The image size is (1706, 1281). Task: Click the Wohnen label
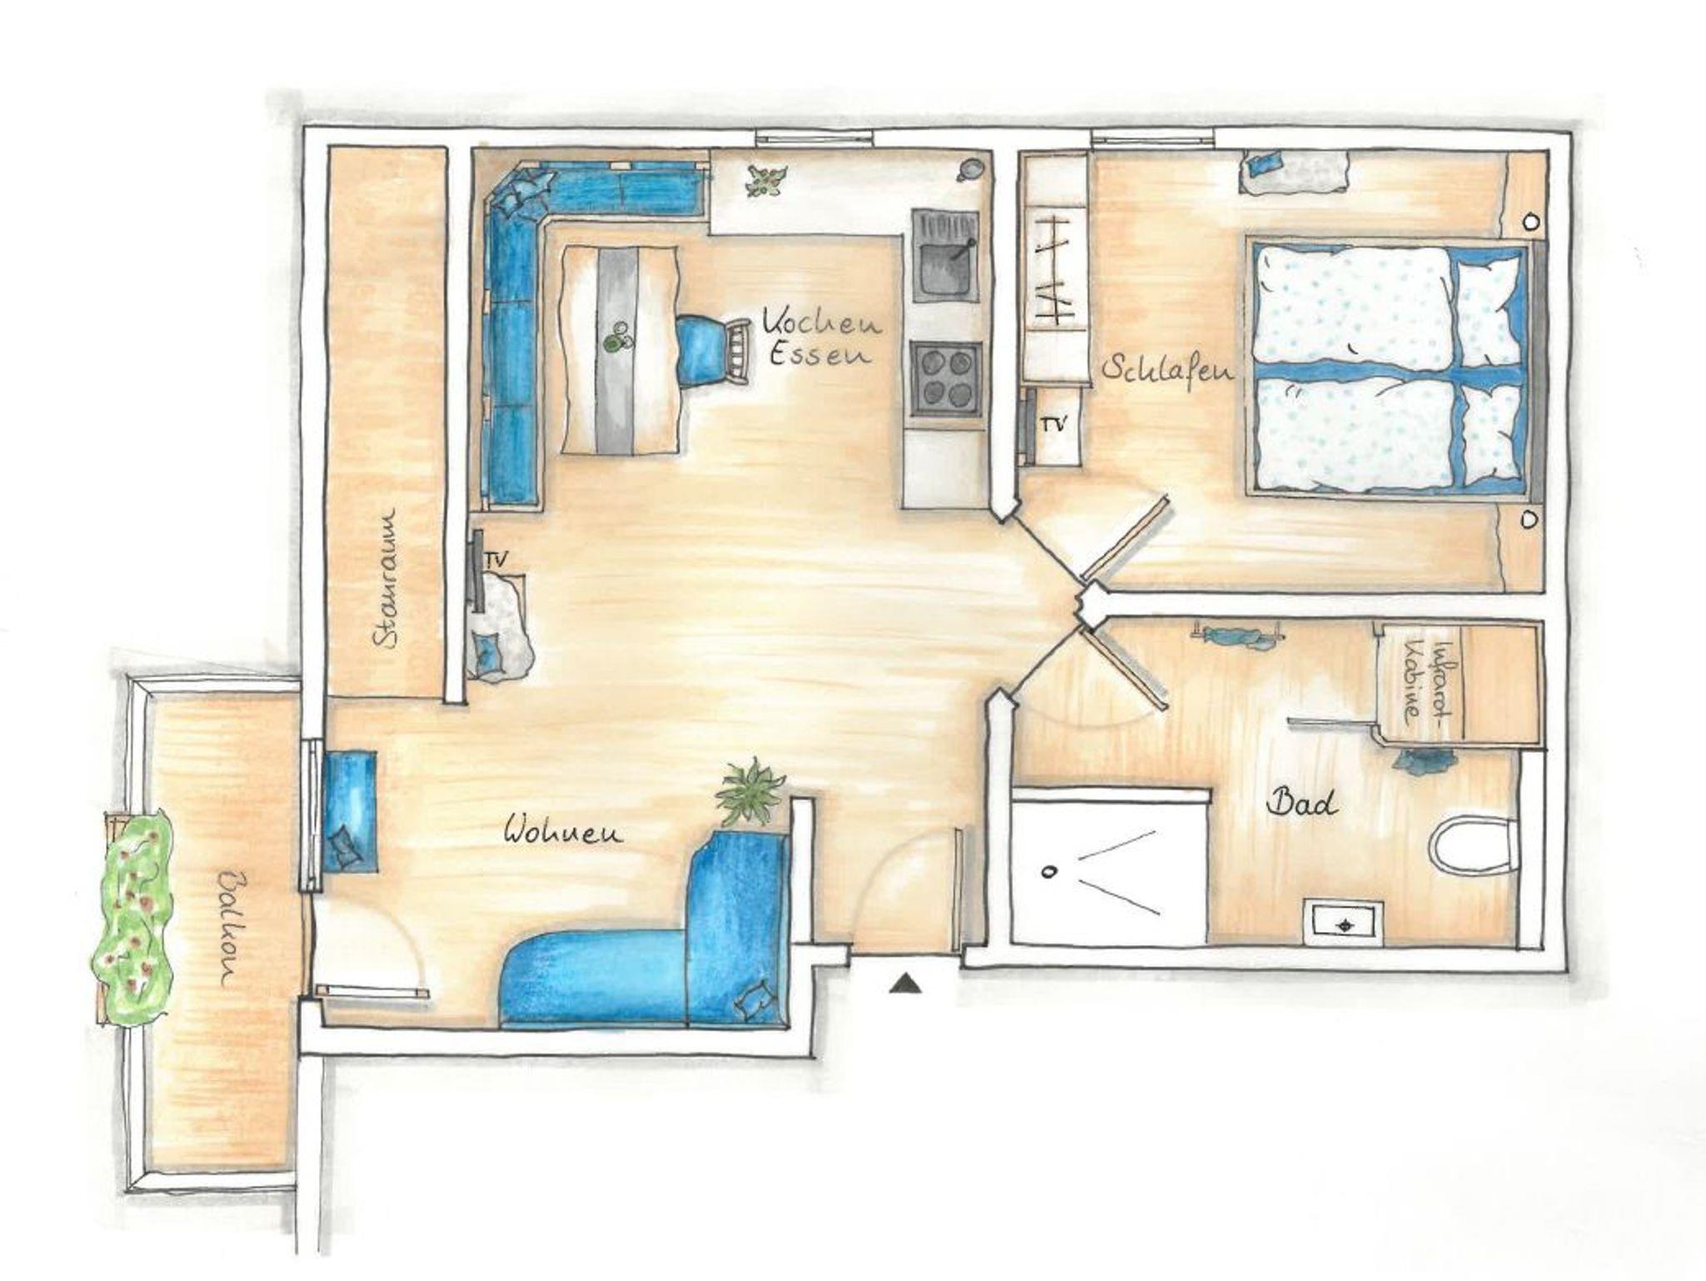[564, 831]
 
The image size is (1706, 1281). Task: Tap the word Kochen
[823, 321]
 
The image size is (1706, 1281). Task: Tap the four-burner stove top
[946, 378]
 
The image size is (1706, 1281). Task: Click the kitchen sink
[946, 255]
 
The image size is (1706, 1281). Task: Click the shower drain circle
[1049, 872]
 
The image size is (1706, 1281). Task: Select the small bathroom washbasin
[1344, 923]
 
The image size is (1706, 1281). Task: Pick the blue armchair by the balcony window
[348, 811]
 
